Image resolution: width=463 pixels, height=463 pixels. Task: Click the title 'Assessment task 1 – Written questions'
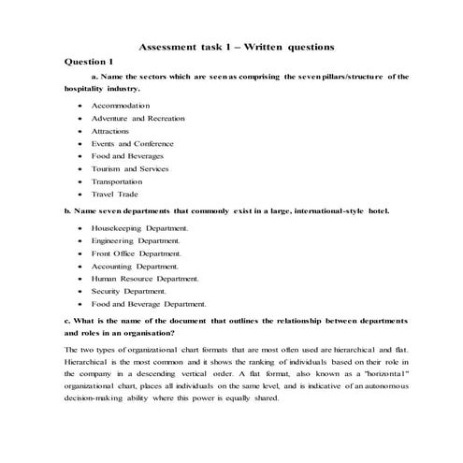[x=235, y=46]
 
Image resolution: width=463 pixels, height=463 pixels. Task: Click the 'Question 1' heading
[x=89, y=62]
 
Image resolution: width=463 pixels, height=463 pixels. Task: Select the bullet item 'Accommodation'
[x=121, y=107]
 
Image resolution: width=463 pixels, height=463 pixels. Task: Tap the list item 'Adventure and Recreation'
[x=137, y=119]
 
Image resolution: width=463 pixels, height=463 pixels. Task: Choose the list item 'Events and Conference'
[x=133, y=144]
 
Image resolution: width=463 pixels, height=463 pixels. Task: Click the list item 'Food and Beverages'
[x=128, y=156]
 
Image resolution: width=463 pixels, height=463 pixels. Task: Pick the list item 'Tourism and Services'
[x=130, y=169]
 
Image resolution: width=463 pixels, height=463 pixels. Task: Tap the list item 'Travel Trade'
[x=114, y=194]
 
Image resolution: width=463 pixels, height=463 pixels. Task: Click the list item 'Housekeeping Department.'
[x=139, y=228]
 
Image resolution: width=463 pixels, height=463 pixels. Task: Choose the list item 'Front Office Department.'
[x=136, y=253]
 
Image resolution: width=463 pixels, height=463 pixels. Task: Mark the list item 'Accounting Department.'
[x=137, y=267]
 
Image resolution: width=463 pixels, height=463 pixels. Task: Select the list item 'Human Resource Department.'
[x=145, y=279]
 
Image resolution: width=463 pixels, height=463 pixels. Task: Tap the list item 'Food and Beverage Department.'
[x=149, y=304]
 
